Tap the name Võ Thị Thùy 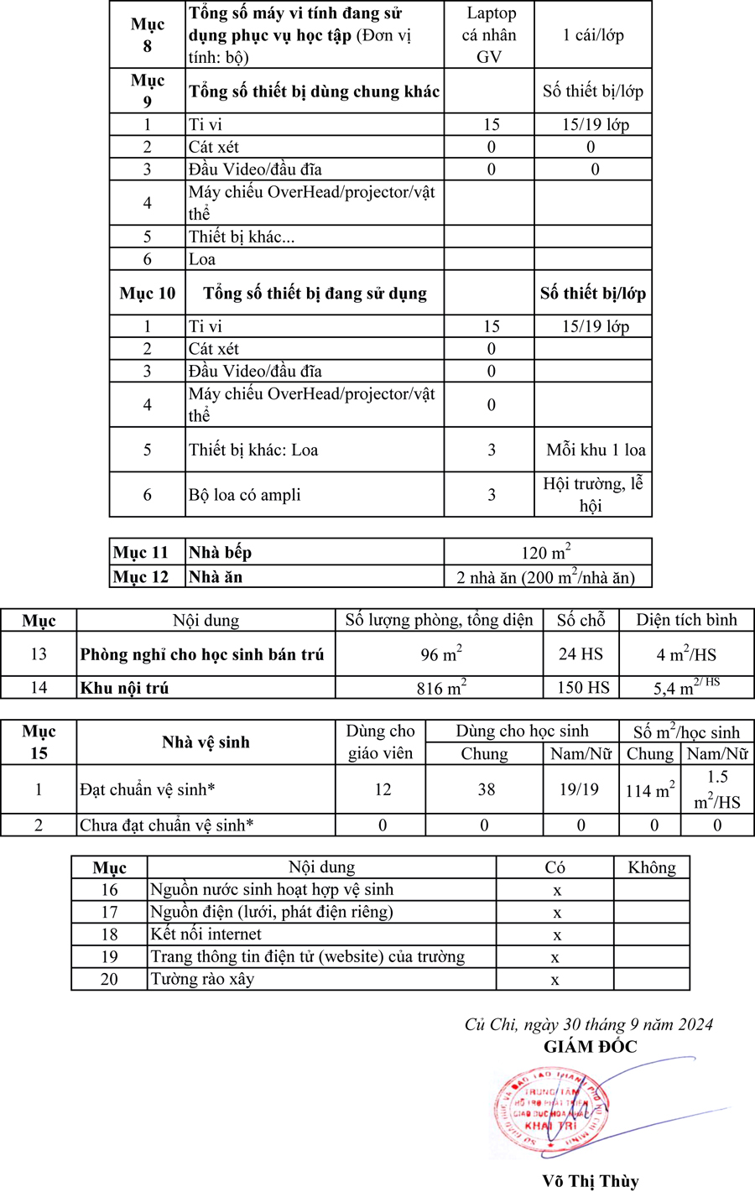590,1181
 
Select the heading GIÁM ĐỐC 590,1046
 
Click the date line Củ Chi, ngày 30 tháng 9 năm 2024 589,1024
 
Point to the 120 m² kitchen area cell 546,552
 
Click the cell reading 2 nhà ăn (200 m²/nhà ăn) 546,576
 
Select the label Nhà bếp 220,552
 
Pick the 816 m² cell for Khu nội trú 441,688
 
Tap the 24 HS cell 581,654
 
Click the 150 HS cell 583,688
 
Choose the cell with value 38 486,789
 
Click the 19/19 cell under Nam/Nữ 579,789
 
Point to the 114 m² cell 650,790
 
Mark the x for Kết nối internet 555,934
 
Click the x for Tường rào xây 555,979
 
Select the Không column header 651,867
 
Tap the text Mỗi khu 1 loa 596,450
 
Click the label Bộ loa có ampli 244,495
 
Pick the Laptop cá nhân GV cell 490,35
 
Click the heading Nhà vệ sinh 206,742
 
